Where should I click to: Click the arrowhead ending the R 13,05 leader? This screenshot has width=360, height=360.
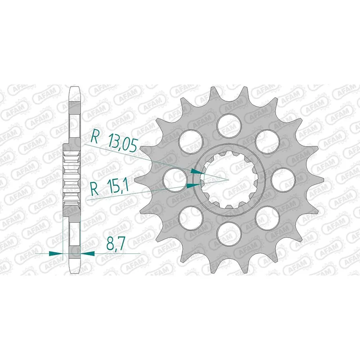click(x=197, y=171)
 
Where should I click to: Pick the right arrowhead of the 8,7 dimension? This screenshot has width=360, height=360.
click(x=88, y=253)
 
